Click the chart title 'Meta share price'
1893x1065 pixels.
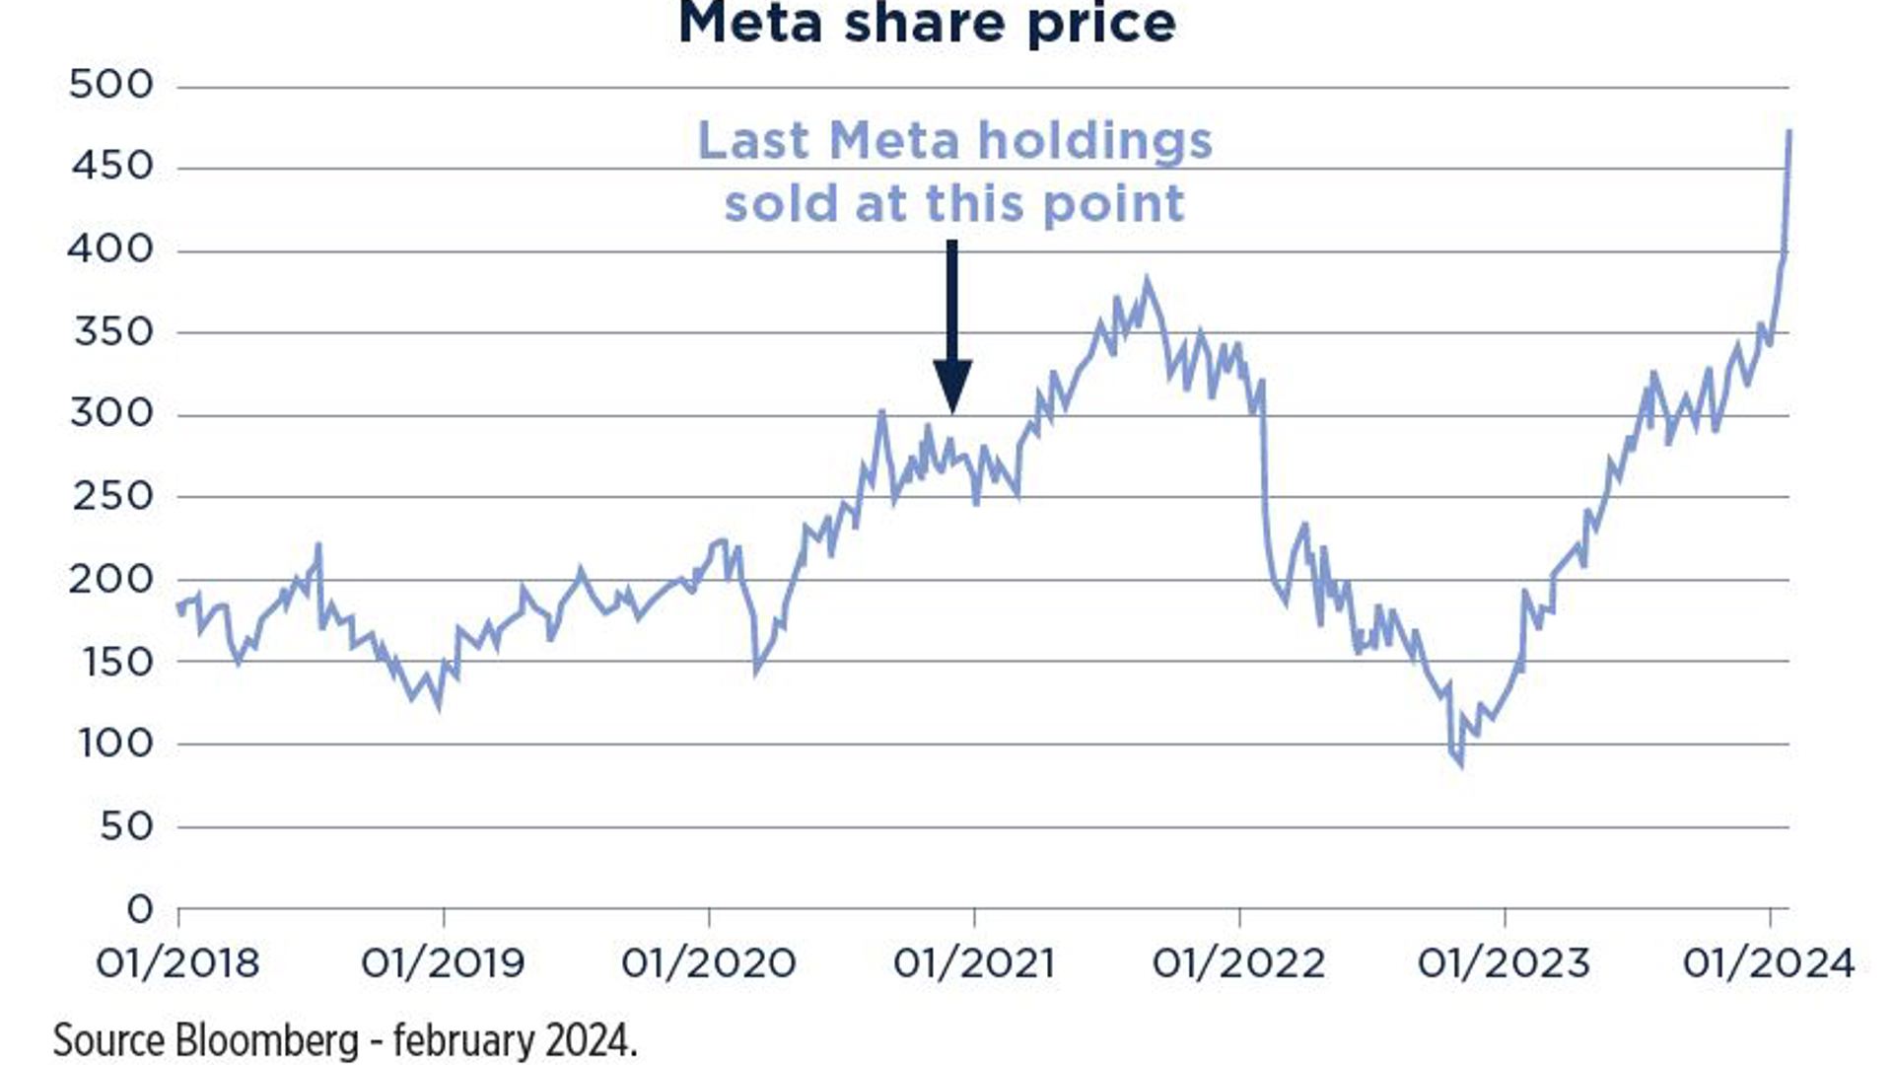(x=927, y=24)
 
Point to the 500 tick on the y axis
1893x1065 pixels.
(x=111, y=85)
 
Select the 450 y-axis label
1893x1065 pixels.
(x=112, y=166)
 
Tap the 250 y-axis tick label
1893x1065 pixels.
(x=112, y=496)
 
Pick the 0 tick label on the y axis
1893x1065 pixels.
(x=140, y=908)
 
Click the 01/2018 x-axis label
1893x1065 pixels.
(x=177, y=963)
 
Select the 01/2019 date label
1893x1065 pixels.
(x=443, y=963)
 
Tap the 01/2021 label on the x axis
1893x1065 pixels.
(x=974, y=963)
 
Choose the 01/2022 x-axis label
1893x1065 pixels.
(x=1239, y=963)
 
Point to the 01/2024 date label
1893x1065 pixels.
(x=1769, y=963)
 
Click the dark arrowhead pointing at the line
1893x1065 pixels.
(x=952, y=385)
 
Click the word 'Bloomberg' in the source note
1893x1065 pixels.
(x=266, y=1041)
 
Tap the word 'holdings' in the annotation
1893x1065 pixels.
(x=1094, y=142)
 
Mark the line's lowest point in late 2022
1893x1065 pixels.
(x=1460, y=763)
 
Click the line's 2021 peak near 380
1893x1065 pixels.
(x=1146, y=281)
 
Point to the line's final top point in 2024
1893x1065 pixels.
(x=1789, y=131)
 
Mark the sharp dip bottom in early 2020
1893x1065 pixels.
(x=757, y=672)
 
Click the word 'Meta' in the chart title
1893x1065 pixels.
(x=750, y=24)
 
